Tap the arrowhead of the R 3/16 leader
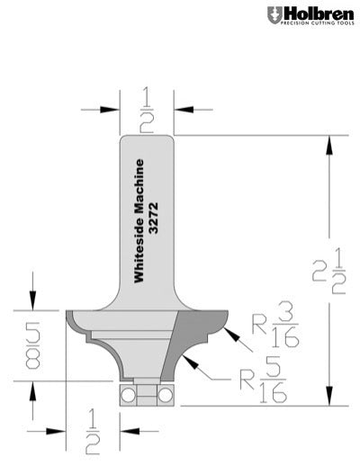click(231, 334)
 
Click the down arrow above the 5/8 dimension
click(33, 303)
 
